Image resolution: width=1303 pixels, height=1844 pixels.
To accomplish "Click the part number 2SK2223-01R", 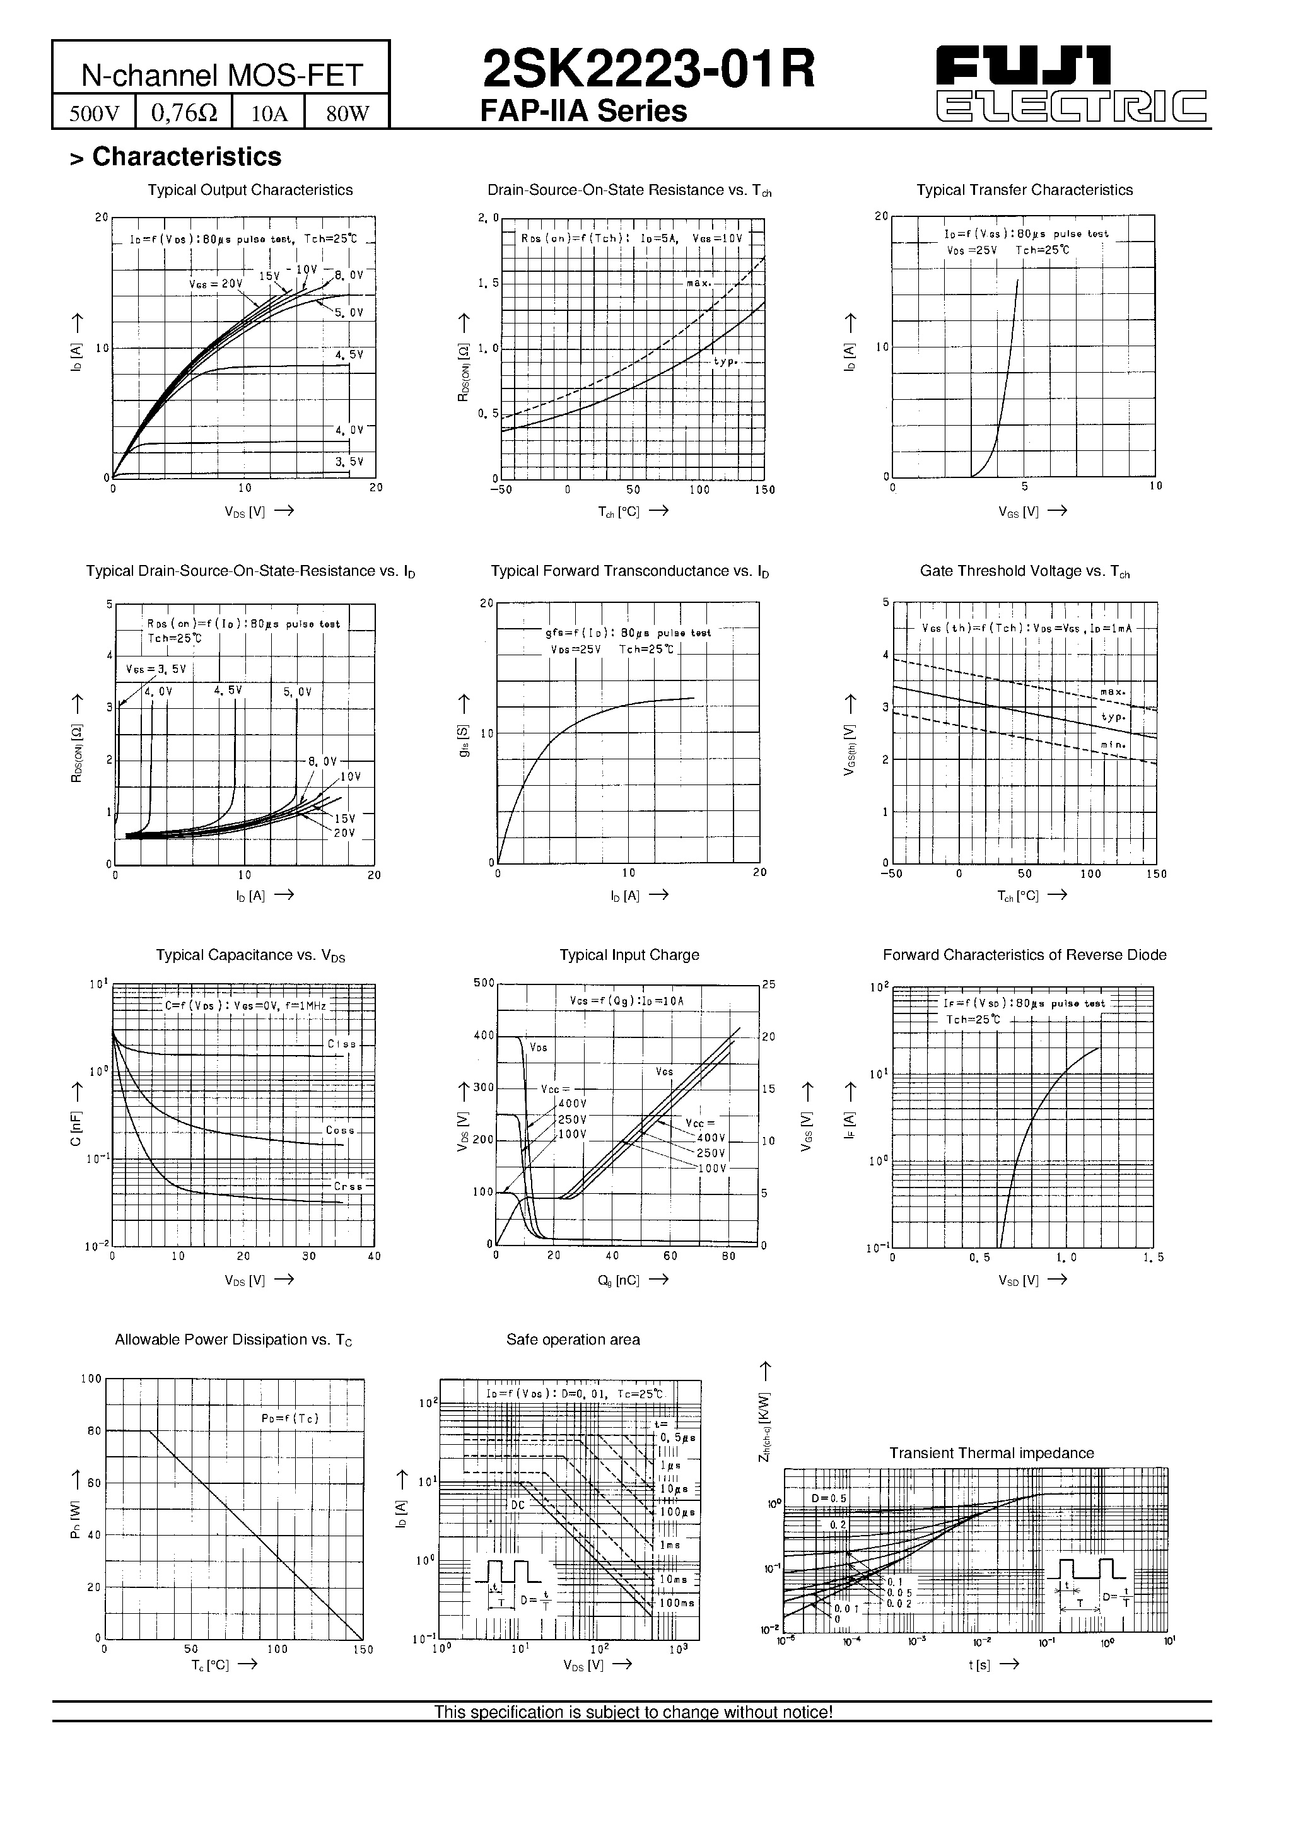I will [x=648, y=69].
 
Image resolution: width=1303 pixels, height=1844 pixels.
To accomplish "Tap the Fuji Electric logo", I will [x=1072, y=83].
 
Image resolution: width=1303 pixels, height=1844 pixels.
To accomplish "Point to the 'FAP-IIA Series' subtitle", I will [x=583, y=111].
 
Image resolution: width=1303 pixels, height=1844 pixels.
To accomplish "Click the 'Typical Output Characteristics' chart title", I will [x=250, y=190].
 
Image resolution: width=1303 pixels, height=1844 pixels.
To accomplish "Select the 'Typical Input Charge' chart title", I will [x=629, y=955].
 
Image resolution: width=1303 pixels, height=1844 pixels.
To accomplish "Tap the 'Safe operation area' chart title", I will [x=573, y=1339].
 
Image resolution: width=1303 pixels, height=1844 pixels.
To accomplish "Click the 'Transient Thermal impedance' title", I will [x=991, y=1453].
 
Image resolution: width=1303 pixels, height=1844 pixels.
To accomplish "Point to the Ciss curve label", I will [x=341, y=1044].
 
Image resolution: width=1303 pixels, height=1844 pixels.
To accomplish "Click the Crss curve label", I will [x=348, y=1186].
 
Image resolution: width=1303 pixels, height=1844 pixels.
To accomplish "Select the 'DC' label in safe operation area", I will [x=517, y=1504].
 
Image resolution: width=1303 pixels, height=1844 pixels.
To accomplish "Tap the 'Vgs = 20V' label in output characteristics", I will [x=215, y=284].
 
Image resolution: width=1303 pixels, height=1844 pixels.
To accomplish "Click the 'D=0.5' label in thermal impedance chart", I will [x=828, y=1498].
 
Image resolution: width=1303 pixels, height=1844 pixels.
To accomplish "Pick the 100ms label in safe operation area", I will [x=676, y=1603].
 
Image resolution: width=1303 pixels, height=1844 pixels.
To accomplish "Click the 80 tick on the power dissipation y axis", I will [x=94, y=1431].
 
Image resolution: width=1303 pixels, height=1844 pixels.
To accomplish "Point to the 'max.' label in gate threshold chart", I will [x=1113, y=691].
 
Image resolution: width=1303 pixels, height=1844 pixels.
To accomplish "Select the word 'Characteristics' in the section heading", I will [x=187, y=156].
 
